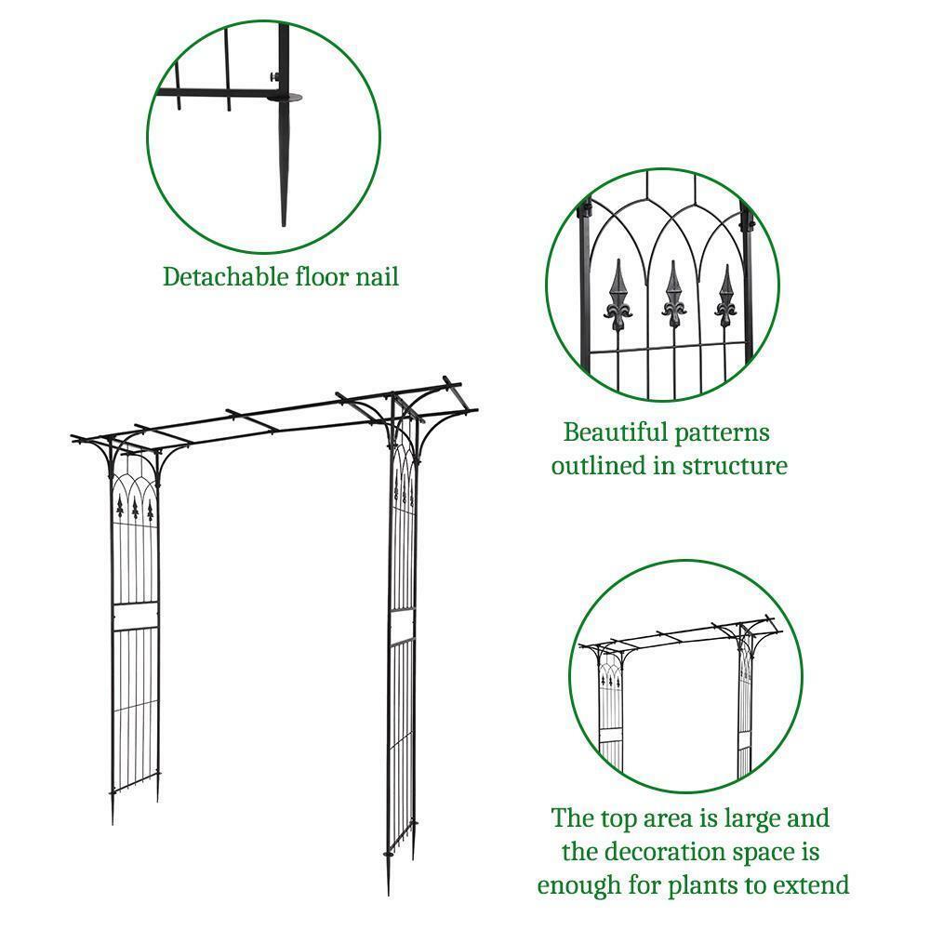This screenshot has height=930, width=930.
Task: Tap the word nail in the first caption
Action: tap(376, 276)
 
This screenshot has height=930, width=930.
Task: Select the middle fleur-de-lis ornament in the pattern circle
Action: tap(673, 296)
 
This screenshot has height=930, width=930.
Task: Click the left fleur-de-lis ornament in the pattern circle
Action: tap(619, 296)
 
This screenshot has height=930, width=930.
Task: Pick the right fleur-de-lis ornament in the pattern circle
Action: tap(726, 296)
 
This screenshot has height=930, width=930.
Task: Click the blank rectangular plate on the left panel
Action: tap(134, 616)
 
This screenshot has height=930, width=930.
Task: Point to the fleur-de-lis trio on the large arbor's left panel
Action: tap(136, 508)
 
